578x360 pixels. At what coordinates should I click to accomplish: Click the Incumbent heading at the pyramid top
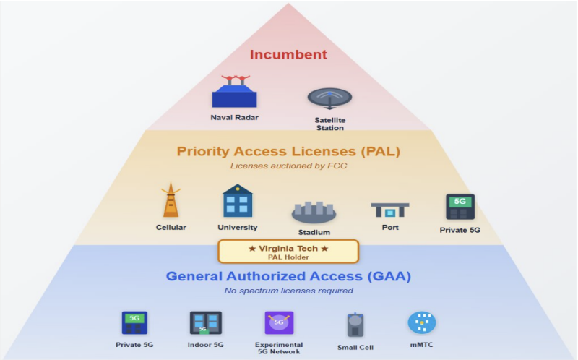[x=288, y=54]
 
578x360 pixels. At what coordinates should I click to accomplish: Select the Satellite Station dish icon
[x=329, y=98]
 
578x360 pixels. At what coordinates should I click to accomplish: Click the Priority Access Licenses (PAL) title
[x=288, y=152]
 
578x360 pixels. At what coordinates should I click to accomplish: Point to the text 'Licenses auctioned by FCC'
[x=288, y=166]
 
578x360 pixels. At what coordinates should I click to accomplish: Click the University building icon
[x=237, y=200]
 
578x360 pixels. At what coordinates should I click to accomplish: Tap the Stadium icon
[x=314, y=211]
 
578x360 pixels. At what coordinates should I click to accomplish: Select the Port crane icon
[x=390, y=210]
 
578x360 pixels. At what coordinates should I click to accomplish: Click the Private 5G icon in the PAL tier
[x=460, y=207]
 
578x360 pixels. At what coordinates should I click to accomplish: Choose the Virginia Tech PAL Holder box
[x=288, y=252]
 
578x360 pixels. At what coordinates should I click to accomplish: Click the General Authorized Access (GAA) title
[x=288, y=276]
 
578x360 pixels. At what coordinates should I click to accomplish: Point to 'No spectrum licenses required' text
[x=288, y=291]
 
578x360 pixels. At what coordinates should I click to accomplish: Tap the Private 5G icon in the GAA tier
[x=134, y=322]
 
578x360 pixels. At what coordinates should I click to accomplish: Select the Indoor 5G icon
[x=205, y=322]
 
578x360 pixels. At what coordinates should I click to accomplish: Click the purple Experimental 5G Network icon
[x=279, y=322]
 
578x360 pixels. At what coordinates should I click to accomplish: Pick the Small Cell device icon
[x=354, y=325]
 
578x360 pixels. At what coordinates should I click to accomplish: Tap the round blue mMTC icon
[x=422, y=322]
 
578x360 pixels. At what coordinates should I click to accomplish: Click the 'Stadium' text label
[x=314, y=232]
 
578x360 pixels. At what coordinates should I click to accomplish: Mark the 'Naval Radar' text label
[x=235, y=117]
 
